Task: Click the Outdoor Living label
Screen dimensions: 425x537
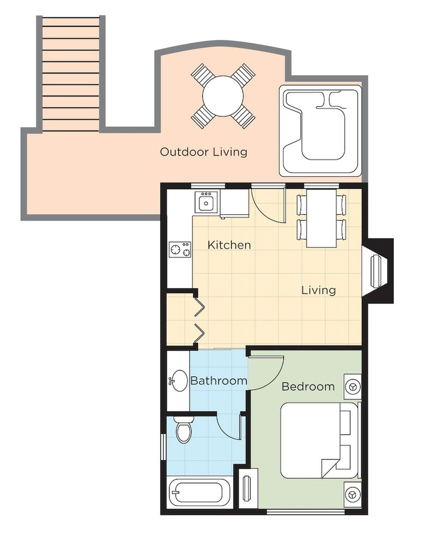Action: (204, 152)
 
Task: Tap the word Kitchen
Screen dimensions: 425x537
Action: (229, 245)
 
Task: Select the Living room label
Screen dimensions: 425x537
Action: (319, 290)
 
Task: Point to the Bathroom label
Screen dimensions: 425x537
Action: (218, 381)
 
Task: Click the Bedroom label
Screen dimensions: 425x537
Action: (308, 387)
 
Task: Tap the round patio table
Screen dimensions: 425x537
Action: (223, 96)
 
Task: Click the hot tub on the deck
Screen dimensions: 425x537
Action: (320, 130)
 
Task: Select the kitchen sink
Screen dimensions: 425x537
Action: (207, 202)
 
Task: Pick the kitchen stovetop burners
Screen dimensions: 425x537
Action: (180, 249)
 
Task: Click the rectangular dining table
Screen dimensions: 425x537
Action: (321, 218)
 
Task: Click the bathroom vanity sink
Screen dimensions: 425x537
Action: (179, 381)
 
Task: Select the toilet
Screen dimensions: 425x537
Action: (183, 430)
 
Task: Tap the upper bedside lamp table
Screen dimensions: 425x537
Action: (353, 387)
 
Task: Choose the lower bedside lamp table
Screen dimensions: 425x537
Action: (353, 494)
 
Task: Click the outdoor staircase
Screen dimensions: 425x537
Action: (71, 73)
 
